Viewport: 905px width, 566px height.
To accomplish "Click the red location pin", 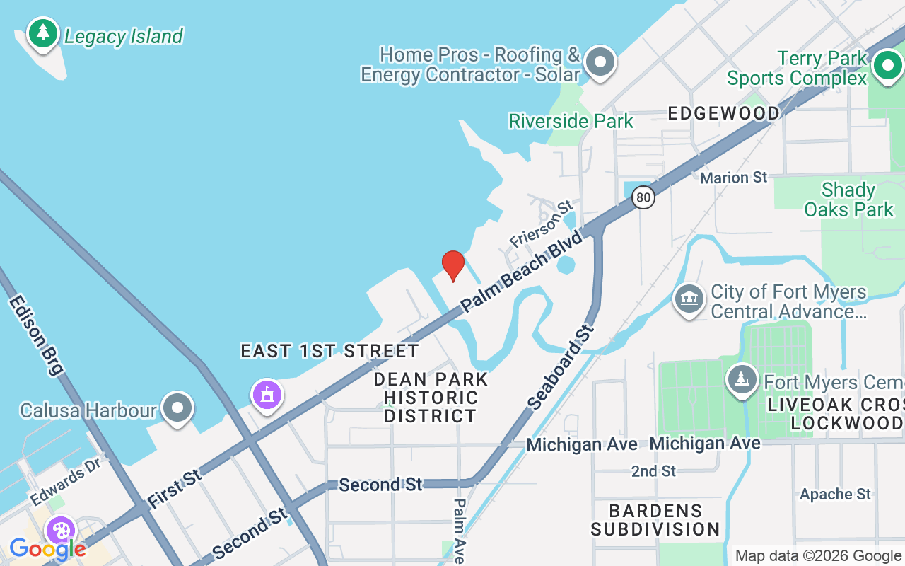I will tap(453, 265).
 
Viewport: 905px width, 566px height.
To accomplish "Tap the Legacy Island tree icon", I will tap(43, 33).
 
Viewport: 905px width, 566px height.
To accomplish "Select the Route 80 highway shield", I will tap(643, 197).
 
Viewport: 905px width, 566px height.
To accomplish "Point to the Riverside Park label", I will tap(571, 121).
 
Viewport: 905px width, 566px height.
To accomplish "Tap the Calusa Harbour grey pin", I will tap(177, 408).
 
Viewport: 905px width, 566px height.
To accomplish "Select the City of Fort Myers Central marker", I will tap(689, 300).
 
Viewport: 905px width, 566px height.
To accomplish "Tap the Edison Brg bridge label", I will tap(36, 335).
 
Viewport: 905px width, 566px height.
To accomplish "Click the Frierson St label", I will tap(541, 224).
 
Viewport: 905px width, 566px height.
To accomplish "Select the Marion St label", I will tap(733, 177).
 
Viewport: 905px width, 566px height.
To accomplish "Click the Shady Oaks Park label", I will tap(848, 200).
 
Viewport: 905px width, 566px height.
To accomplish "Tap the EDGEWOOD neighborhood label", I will tap(723, 113).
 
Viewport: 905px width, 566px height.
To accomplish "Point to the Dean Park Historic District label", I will tap(431, 398).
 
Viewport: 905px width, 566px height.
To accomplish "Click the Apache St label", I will tap(835, 494).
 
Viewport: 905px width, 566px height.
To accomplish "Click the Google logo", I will tap(47, 548).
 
